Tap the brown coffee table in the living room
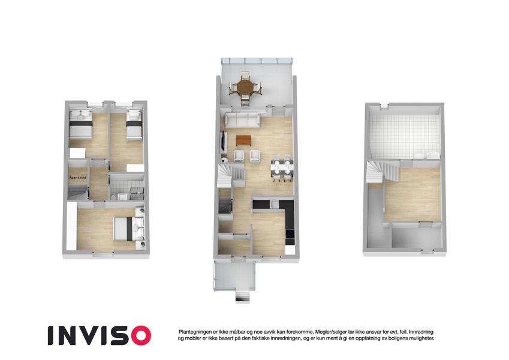point(244,140)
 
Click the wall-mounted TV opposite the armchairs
point(223,141)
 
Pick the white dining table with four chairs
point(282,168)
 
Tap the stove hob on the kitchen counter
point(290,234)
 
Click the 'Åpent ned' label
point(77,178)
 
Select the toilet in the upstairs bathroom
point(113,197)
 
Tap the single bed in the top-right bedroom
point(134,125)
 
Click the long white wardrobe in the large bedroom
point(71,226)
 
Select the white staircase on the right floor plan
point(382,172)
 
